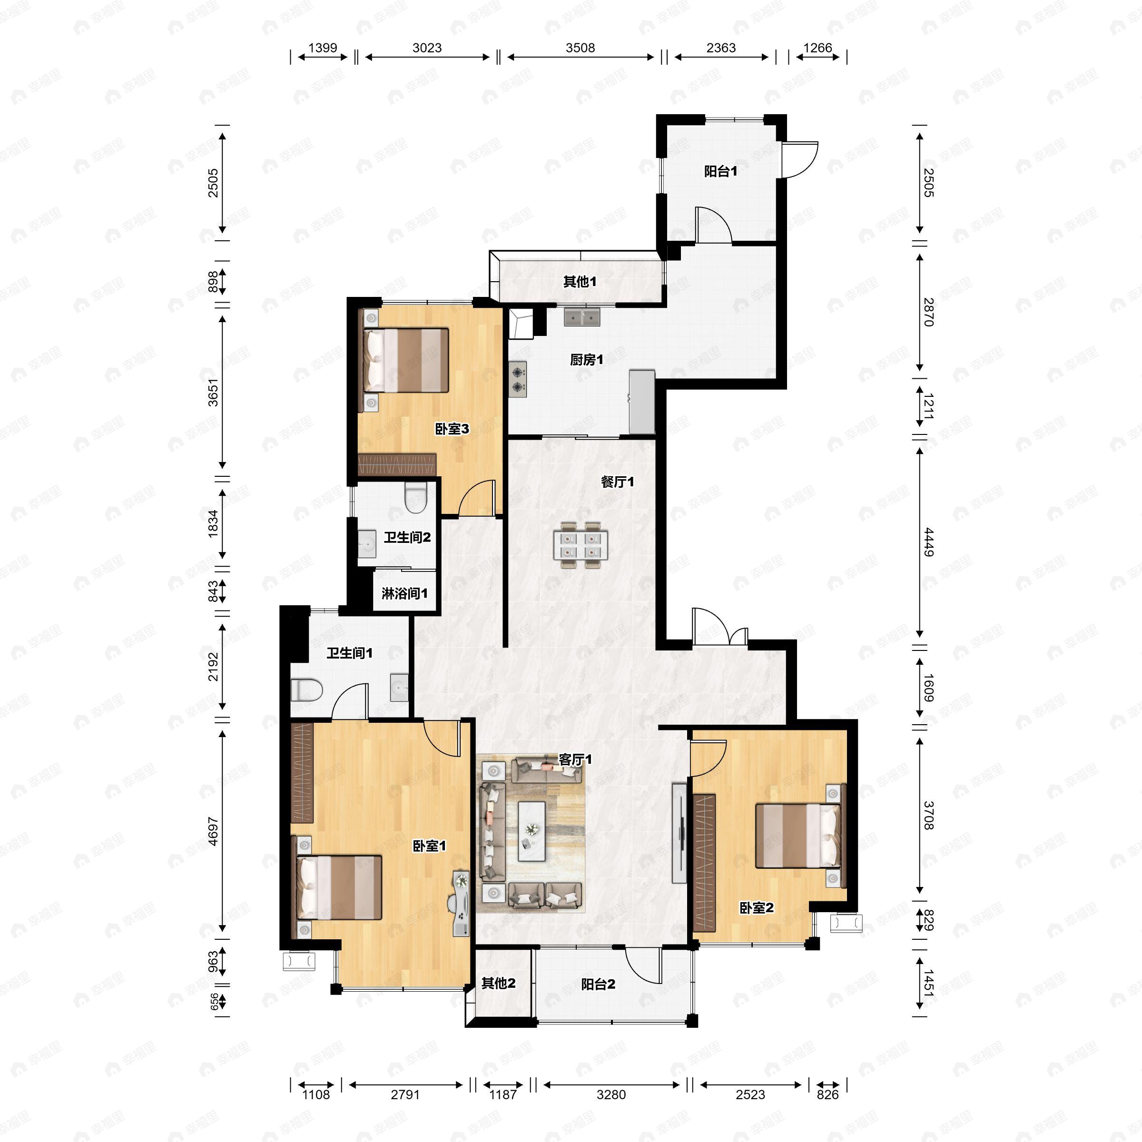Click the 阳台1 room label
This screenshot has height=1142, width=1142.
(x=720, y=171)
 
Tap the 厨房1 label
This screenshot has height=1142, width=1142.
(x=586, y=359)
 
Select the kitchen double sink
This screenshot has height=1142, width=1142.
(x=581, y=317)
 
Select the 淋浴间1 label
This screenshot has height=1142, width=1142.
(x=404, y=593)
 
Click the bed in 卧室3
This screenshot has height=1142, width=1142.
(x=406, y=360)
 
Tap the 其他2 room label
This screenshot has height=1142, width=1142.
(x=498, y=983)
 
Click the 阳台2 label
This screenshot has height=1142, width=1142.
(x=598, y=984)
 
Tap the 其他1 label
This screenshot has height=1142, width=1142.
(x=580, y=281)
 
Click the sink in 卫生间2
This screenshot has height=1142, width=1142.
(x=366, y=543)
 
